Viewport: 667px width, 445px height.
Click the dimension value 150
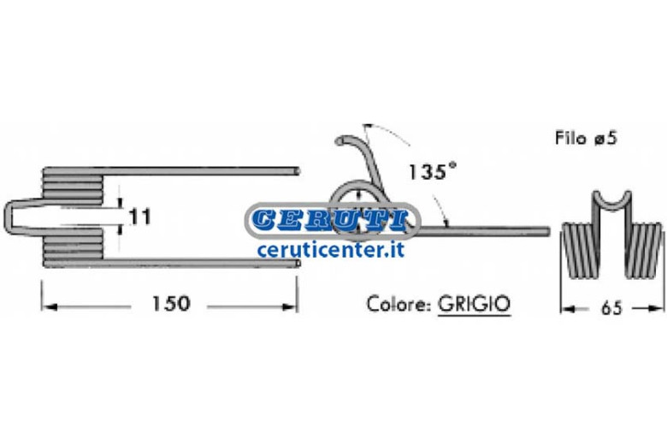(x=170, y=304)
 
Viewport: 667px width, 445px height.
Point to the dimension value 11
(x=140, y=217)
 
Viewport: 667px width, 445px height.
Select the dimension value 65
(x=611, y=308)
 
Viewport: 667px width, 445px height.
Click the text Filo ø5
(x=586, y=138)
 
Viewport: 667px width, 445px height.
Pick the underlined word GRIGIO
(x=475, y=304)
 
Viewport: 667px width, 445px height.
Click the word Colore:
(x=399, y=304)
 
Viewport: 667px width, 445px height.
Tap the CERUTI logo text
(x=330, y=220)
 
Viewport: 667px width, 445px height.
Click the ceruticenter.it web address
(x=331, y=250)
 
